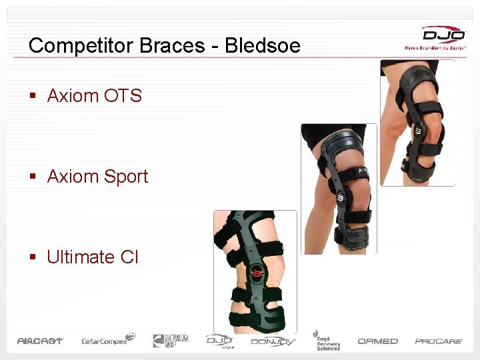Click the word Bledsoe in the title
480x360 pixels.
[263, 45]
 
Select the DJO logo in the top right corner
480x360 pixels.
[433, 37]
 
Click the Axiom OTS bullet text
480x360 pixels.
[94, 96]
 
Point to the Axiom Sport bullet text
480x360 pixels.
[97, 177]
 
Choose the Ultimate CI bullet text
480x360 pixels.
[93, 257]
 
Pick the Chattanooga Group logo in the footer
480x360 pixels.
[171, 340]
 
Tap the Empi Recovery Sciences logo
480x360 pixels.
[327, 340]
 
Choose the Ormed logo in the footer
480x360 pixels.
[377, 341]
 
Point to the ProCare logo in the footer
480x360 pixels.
[439, 341]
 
